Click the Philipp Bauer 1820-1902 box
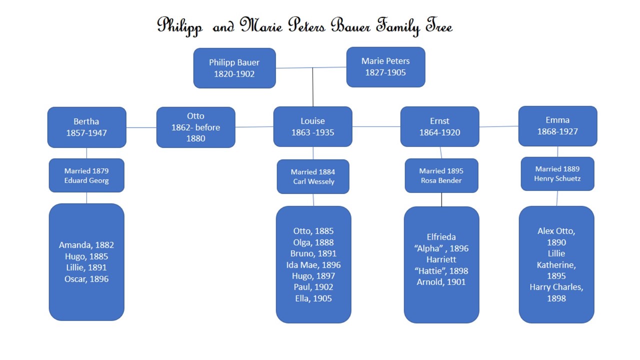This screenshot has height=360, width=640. [234, 68]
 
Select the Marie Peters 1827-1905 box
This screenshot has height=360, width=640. [385, 67]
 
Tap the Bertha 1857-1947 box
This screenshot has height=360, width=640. [86, 127]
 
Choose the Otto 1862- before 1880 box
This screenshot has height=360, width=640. [195, 127]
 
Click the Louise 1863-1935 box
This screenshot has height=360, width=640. [312, 126]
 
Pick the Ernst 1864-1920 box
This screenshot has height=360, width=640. [439, 126]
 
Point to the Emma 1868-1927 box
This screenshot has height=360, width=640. [557, 126]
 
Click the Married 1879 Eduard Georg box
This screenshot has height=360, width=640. [86, 175]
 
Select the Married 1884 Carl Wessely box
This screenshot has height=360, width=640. [313, 176]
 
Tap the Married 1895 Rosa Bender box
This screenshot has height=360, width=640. [441, 175]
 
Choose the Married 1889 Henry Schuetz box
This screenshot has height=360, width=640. [557, 173]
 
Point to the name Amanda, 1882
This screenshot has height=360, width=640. [86, 245]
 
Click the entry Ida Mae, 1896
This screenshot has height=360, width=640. [313, 265]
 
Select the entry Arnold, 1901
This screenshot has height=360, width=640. [441, 282]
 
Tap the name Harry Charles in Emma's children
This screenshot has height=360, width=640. [556, 287]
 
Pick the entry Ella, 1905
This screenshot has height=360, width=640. [313, 298]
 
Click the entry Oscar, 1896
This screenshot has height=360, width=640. [86, 279]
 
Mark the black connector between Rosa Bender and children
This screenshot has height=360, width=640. [441, 200]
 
